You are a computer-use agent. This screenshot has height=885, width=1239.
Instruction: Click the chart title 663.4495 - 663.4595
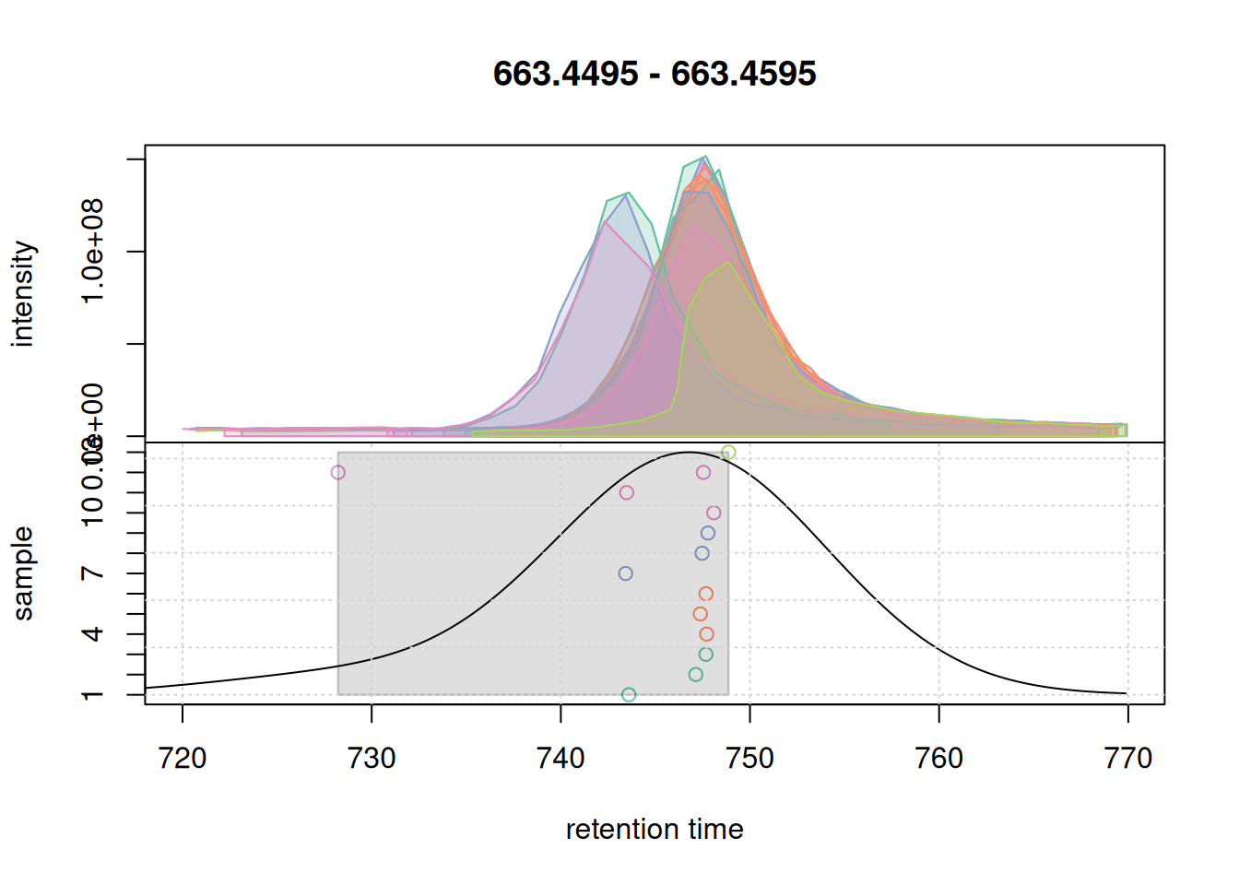[x=655, y=74]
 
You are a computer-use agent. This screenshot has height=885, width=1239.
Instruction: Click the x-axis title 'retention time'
[x=655, y=830]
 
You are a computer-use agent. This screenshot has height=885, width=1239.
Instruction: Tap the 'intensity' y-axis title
[x=24, y=294]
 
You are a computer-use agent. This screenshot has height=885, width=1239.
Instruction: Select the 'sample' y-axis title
[x=24, y=573]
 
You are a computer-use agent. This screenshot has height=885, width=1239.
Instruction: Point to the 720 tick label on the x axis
[x=183, y=759]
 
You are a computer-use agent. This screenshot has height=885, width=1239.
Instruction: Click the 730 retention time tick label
[x=372, y=759]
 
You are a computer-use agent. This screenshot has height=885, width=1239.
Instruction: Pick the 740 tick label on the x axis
[x=560, y=759]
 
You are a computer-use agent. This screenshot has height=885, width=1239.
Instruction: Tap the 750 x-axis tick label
[x=749, y=759]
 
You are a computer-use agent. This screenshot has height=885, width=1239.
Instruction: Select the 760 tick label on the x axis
[x=938, y=759]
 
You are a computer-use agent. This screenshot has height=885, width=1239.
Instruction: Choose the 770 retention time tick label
[x=1127, y=759]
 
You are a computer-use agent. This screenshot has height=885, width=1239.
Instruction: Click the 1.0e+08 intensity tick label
[x=93, y=251]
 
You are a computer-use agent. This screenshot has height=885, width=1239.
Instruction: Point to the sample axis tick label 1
[x=93, y=695]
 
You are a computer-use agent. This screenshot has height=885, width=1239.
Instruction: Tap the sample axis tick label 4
[x=93, y=634]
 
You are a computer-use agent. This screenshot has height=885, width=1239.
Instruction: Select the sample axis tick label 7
[x=93, y=573]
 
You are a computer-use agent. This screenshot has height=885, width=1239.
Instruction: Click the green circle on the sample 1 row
[x=629, y=695]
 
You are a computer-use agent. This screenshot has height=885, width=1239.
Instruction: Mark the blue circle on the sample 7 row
[x=626, y=573]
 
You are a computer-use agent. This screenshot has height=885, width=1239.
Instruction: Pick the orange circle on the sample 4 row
[x=707, y=634]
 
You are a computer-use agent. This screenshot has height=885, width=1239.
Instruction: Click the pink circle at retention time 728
[x=338, y=473]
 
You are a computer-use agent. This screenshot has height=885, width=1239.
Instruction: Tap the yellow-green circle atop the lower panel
[x=728, y=453]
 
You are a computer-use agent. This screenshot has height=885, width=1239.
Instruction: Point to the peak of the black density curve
[x=688, y=453]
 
